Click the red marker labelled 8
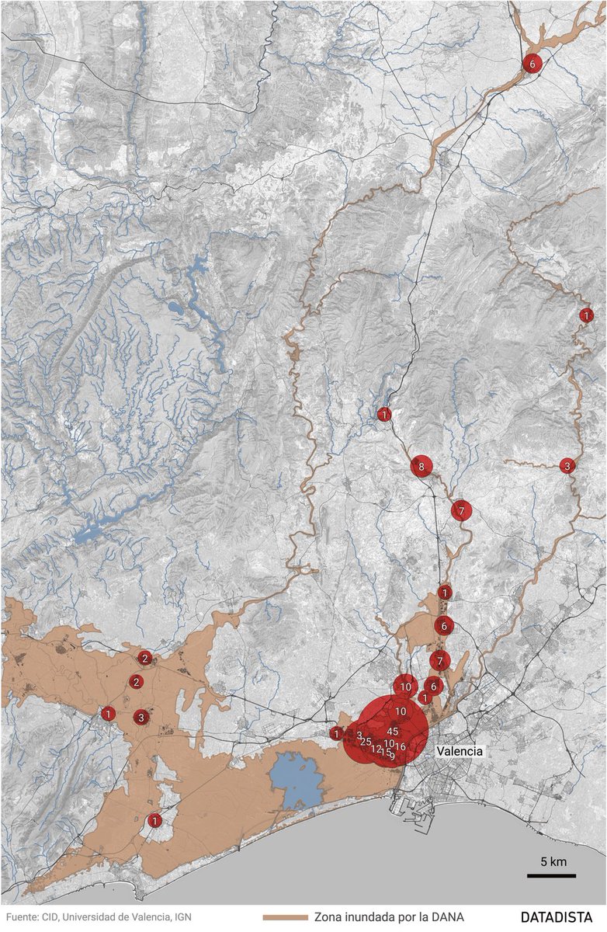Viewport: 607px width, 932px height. click(421, 467)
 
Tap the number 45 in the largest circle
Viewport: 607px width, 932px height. click(393, 732)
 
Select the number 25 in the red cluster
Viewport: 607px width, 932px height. click(366, 742)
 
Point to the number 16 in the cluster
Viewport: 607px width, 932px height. click(401, 746)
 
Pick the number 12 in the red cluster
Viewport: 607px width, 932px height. click(377, 749)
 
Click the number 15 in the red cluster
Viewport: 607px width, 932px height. click(386, 753)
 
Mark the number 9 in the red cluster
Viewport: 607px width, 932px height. click(393, 756)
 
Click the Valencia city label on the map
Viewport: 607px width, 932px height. click(460, 752)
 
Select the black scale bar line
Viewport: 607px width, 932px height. click(551, 876)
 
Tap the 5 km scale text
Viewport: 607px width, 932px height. click(553, 862)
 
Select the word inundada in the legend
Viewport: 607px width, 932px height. click(372, 917)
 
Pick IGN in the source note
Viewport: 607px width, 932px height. click(181, 917)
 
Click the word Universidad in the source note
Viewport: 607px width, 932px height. click(95, 917)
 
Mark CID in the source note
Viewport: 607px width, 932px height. click(52, 917)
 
